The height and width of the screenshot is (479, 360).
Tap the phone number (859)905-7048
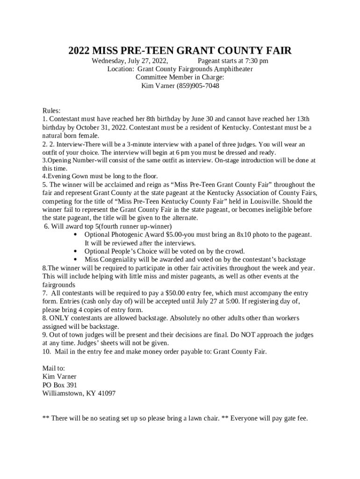[198, 86]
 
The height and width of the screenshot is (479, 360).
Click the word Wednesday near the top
[108, 61]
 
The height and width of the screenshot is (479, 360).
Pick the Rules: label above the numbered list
[51, 111]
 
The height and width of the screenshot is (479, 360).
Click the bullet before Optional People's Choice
[76, 251]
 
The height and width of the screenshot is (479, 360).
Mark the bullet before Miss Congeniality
[76, 260]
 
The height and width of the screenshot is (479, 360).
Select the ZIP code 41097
[106, 393]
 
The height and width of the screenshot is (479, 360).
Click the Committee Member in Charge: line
[180, 78]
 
